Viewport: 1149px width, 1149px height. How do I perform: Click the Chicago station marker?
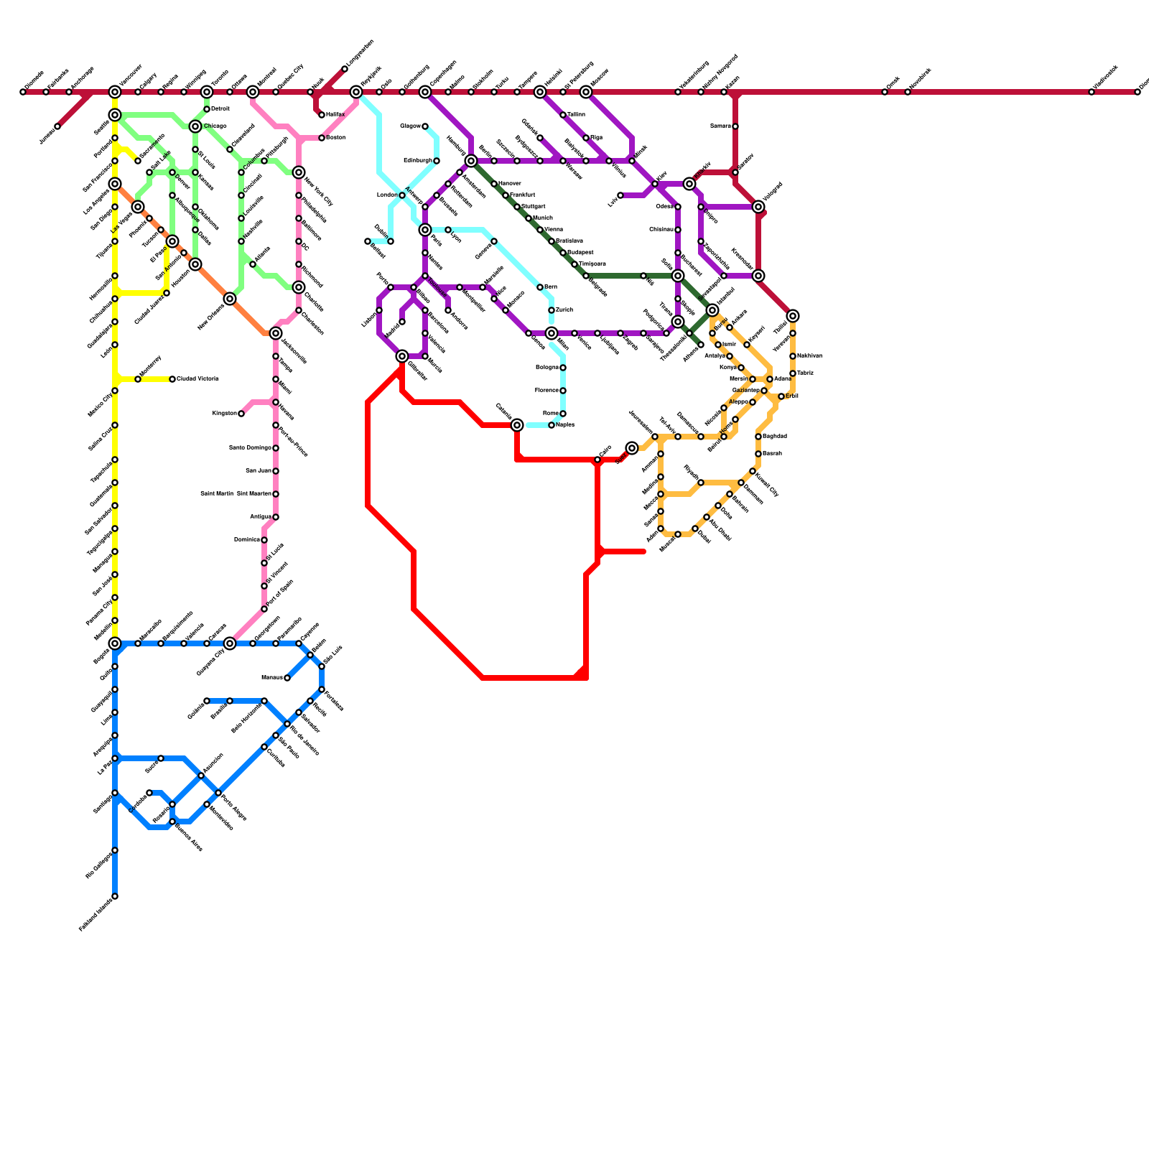(195, 126)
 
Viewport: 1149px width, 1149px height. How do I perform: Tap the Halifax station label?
(335, 115)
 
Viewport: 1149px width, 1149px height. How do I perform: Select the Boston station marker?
(322, 138)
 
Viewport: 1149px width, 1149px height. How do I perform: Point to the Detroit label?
(220, 109)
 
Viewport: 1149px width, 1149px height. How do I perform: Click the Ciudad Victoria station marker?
(172, 379)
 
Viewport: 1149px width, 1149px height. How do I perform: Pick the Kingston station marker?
(241, 414)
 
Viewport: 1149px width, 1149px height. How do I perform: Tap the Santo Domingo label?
(250, 448)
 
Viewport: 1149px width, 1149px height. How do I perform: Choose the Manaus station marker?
(287, 678)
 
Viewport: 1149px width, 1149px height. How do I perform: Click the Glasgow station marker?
(425, 126)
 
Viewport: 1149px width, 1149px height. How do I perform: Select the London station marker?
(402, 195)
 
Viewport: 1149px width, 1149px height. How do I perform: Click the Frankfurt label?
(523, 195)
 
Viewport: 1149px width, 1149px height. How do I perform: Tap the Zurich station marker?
(552, 310)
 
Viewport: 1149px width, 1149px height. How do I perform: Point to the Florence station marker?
(563, 391)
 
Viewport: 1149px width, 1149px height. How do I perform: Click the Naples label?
(565, 425)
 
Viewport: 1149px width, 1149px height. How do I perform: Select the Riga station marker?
(586, 138)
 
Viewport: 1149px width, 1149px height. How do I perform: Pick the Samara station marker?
(735, 126)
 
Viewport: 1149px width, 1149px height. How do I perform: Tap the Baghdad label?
(775, 437)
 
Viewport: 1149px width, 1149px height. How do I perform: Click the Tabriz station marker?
(793, 373)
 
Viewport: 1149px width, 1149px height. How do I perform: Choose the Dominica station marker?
(264, 540)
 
